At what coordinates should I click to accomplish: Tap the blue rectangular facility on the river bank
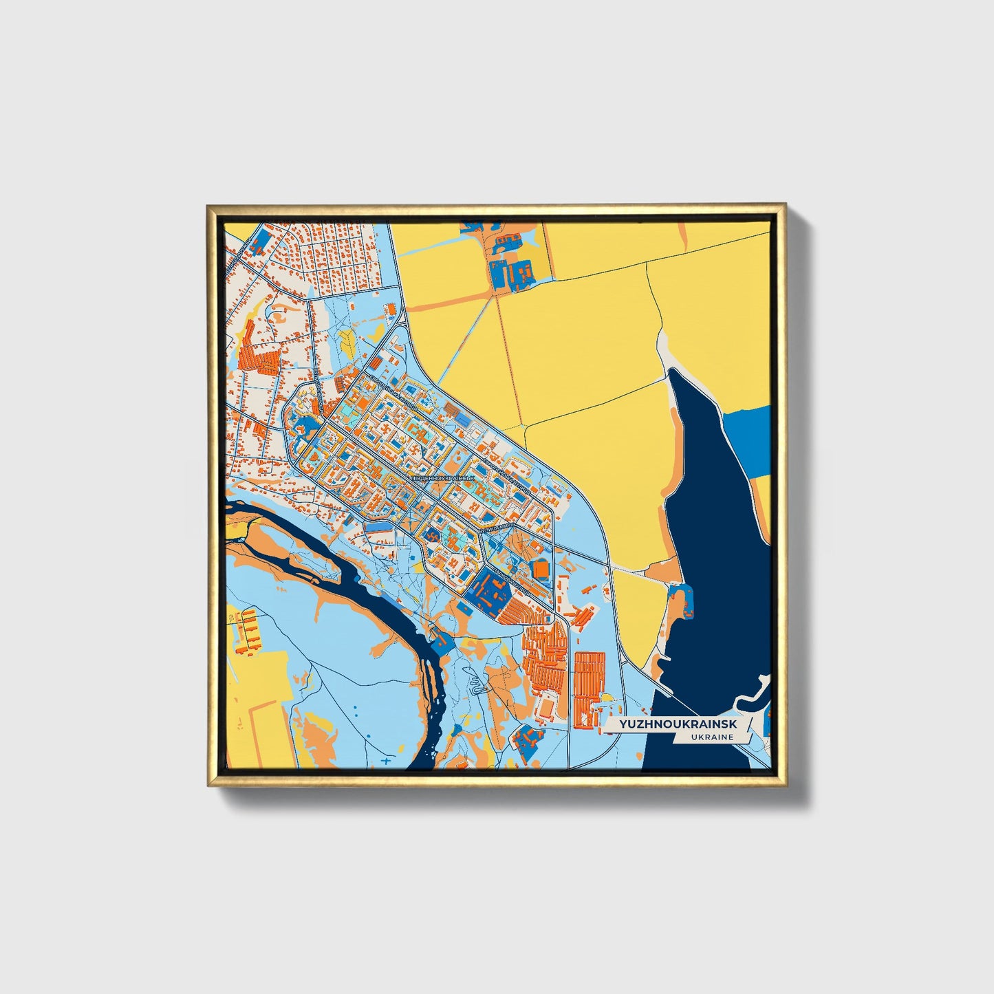441,642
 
